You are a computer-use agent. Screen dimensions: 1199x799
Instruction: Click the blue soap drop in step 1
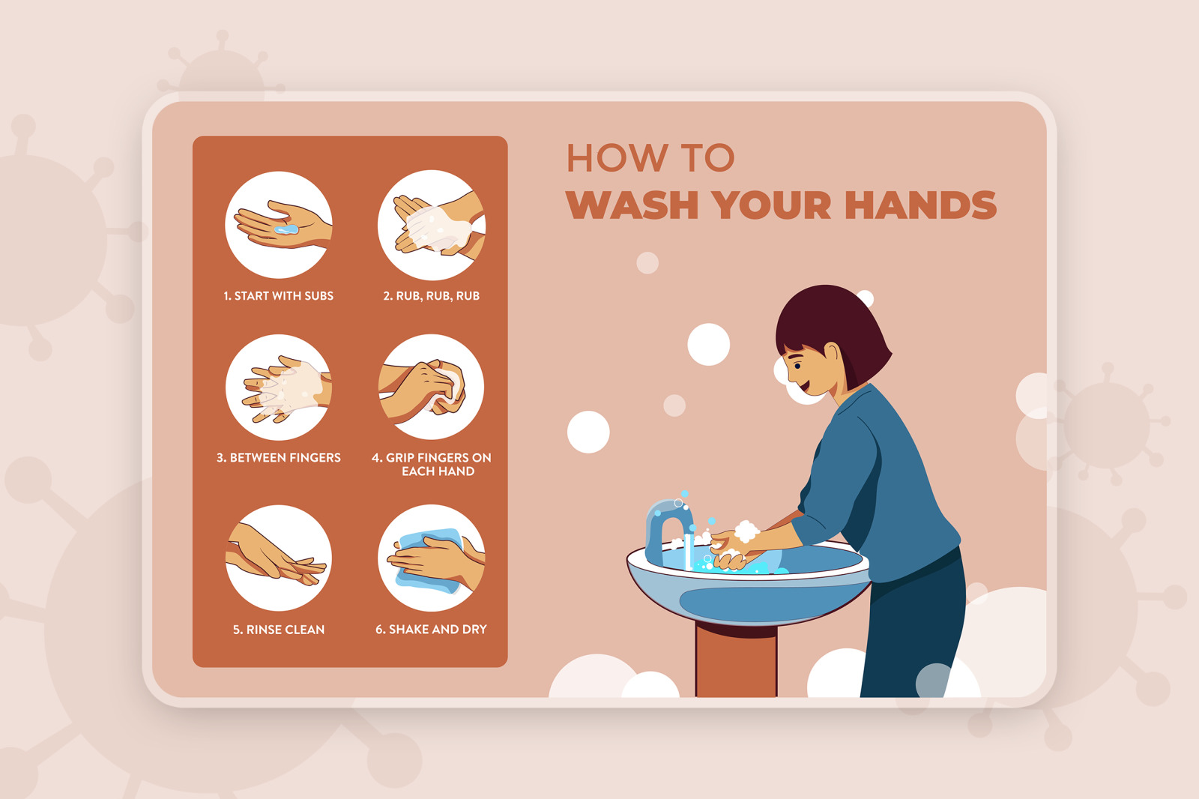pos(286,229)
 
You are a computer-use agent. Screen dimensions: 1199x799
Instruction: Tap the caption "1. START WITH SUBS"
pos(278,295)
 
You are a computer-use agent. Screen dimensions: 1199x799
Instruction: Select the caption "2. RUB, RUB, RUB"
pos(432,295)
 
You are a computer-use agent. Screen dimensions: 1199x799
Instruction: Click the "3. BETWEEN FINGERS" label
pos(278,458)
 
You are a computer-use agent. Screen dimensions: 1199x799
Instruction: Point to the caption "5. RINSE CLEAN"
pos(279,630)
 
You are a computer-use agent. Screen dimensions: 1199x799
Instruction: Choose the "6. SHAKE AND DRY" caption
pos(432,630)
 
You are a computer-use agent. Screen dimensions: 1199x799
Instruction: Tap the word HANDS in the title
pos(921,205)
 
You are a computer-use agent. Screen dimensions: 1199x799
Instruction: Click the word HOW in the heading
pos(617,158)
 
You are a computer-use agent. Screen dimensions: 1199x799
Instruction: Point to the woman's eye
pos(797,367)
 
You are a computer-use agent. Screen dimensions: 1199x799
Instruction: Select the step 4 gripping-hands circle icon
pos(432,388)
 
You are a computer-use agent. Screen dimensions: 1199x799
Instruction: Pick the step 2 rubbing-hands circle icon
pos(432,225)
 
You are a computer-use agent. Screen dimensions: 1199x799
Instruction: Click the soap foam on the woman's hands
pos(746,531)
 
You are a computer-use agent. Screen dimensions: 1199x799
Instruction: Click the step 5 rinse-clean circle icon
pos(279,558)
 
